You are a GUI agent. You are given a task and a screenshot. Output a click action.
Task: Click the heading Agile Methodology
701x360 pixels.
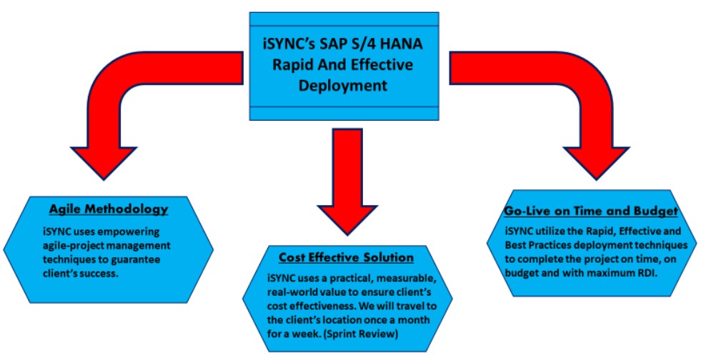click(108, 209)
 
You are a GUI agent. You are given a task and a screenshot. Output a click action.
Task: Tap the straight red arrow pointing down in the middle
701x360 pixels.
click(345, 179)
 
